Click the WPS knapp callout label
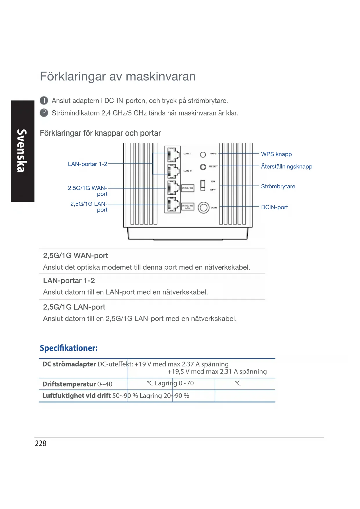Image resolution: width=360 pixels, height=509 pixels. coord(276,154)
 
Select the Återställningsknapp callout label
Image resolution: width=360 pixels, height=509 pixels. coord(286,167)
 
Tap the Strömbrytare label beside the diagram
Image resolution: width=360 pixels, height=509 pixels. coord(278,186)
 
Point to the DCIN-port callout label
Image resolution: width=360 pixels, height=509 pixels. coord(274,207)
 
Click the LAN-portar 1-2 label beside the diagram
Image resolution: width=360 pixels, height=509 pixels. coord(87,164)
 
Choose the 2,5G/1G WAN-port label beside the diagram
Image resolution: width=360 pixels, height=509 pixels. coord(88,191)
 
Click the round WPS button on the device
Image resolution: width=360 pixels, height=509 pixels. coord(203,155)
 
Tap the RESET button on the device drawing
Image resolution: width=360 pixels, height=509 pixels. coord(203,167)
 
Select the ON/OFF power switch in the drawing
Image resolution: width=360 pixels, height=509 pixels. coord(203,185)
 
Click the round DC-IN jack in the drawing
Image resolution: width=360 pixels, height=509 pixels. coord(203,207)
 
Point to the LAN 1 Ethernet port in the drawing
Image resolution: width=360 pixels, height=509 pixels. coord(173,155)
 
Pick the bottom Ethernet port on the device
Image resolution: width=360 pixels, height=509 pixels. coord(173,205)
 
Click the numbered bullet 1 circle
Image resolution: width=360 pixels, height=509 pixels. coord(44,100)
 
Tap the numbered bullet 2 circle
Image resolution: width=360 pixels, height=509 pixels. coord(44,113)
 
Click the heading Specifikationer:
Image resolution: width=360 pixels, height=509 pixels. coord(69,348)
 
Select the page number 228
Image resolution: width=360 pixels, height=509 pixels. coord(41,443)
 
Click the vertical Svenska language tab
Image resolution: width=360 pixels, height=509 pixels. coord(22,151)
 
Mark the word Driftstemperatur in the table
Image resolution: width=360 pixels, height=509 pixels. coord(69,384)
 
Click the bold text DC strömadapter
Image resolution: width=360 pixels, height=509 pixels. coord(69,364)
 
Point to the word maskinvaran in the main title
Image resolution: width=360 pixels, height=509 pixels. coord(161,77)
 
